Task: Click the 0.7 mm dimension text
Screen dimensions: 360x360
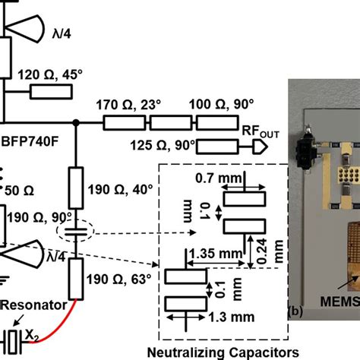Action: (237, 179)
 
